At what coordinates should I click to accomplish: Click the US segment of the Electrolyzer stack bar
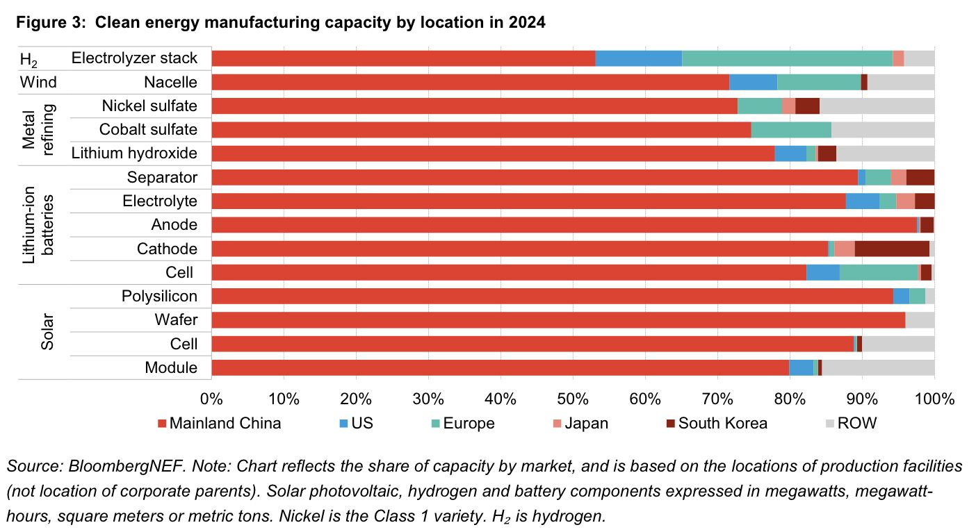(639, 58)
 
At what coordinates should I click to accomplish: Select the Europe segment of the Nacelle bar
(819, 83)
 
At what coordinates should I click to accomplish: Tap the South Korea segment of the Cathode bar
(892, 249)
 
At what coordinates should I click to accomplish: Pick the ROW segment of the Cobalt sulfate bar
(883, 130)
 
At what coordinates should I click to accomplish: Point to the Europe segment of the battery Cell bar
(879, 272)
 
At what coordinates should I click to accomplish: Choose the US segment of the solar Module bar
(801, 367)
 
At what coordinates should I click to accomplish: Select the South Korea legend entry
(716, 424)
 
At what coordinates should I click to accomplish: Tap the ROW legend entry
(851, 424)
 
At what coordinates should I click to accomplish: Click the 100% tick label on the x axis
(934, 399)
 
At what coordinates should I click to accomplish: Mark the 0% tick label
(211, 399)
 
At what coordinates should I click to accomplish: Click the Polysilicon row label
(159, 297)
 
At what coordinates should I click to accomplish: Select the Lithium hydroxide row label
(140, 153)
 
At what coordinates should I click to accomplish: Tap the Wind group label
(38, 83)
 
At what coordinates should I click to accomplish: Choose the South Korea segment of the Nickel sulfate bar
(807, 106)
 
